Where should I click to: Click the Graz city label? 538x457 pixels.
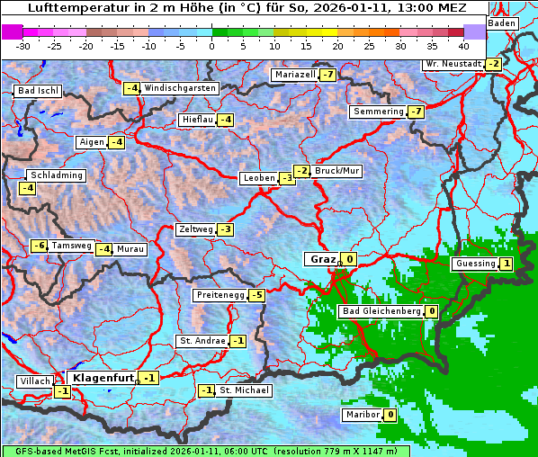pos(322,259)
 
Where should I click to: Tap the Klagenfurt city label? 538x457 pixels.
pos(103,378)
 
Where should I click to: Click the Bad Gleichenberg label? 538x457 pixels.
pos(381,311)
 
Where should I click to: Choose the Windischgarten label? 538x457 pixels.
pos(180,88)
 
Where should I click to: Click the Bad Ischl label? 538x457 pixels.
pos(38,91)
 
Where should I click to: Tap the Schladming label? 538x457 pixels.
pos(56,175)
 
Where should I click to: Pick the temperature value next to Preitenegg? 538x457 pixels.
pos(257,295)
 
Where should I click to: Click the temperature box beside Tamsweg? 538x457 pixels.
pos(39,246)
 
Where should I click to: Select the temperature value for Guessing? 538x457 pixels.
pos(507,264)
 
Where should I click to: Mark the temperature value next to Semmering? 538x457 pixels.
pos(415,112)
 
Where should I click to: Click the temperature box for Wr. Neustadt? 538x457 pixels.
pos(492,64)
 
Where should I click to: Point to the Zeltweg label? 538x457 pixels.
pos(196,229)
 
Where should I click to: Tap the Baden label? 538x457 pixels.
pos(502,23)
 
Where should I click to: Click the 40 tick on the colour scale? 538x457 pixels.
pos(463,45)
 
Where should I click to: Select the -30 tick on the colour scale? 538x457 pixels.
pos(23,45)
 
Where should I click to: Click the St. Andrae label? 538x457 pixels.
pos(202,341)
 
